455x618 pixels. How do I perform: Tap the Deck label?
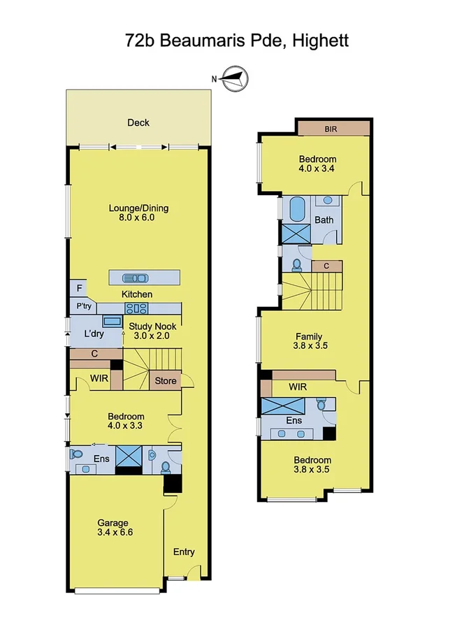coord(138,123)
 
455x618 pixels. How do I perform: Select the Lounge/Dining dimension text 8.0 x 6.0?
coord(138,217)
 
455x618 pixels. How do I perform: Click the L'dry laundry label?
coord(94,335)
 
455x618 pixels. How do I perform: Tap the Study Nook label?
coord(152,326)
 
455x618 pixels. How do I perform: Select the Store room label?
coord(165,381)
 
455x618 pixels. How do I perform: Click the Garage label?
coord(113,523)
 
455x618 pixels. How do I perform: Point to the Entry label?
coord(184,552)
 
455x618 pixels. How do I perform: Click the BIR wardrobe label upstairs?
coord(332,129)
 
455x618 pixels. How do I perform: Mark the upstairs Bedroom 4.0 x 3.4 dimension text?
coord(317,168)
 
